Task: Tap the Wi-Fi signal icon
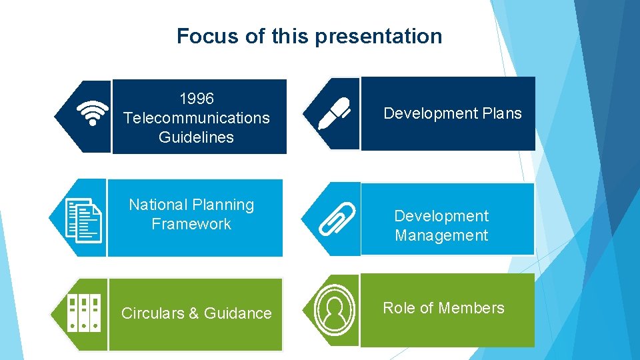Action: [x=92, y=114]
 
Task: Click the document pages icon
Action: [x=85, y=219]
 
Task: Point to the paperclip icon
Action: [x=337, y=219]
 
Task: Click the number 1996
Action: [x=197, y=99]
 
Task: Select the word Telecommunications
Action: [x=197, y=118]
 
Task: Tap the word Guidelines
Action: [x=197, y=137]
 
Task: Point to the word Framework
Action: [x=191, y=224]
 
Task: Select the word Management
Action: [x=441, y=235]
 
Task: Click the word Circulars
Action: [x=153, y=313]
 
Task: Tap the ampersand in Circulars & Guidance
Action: [x=195, y=313]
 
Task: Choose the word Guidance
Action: [x=238, y=313]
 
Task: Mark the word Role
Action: [x=398, y=308]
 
